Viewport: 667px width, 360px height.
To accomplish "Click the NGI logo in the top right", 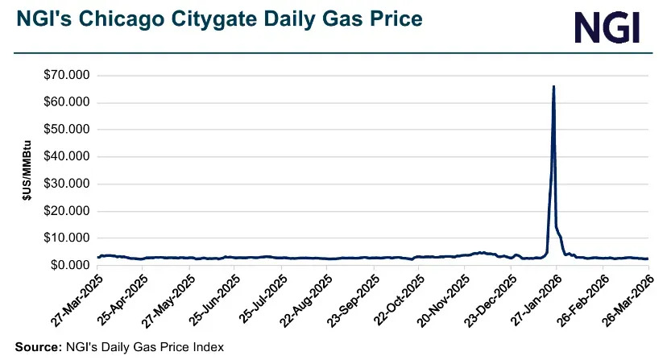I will [x=607, y=28].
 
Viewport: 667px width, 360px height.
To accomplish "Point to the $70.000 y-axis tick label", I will [x=68, y=76].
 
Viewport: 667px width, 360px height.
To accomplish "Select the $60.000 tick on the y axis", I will [x=68, y=103].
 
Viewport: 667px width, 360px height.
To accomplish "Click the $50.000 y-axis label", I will [x=68, y=130].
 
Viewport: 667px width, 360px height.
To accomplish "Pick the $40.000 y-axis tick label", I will [x=68, y=157].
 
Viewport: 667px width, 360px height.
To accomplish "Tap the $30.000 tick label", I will [x=68, y=184].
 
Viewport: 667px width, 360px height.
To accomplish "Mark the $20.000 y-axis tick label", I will [x=68, y=211].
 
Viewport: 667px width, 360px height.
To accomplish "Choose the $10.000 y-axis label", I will [x=68, y=238].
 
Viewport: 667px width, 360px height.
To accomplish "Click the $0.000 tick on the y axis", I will [x=72, y=265].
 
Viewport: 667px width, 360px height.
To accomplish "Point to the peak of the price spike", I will [x=553, y=86].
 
